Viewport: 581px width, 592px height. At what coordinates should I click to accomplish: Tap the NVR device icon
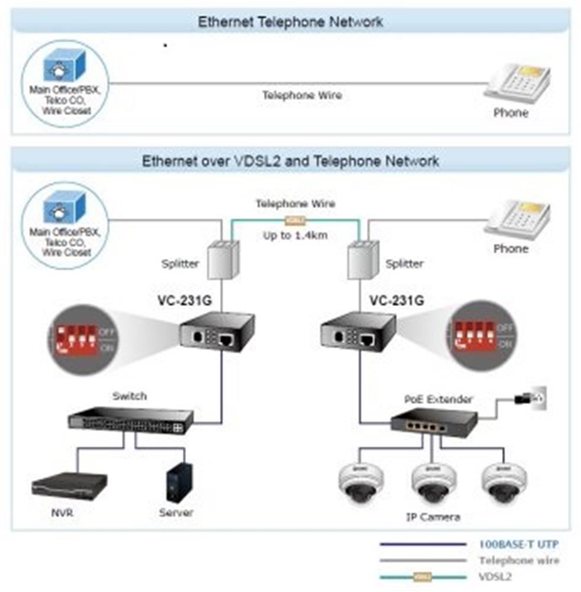click(69, 486)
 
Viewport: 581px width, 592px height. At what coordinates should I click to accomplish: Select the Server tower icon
click(179, 482)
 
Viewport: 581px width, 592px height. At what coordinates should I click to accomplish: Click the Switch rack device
click(130, 420)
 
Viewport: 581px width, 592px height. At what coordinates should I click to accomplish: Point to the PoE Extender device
click(433, 422)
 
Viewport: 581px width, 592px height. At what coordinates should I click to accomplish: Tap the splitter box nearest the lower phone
click(363, 258)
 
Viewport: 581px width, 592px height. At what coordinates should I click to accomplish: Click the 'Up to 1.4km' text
click(295, 236)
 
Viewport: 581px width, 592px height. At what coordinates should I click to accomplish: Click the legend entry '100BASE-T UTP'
click(518, 544)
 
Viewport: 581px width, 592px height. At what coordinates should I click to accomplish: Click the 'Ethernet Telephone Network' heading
click(290, 22)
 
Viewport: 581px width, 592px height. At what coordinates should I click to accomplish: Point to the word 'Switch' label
click(130, 396)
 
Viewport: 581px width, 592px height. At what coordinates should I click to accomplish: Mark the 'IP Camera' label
click(433, 517)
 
